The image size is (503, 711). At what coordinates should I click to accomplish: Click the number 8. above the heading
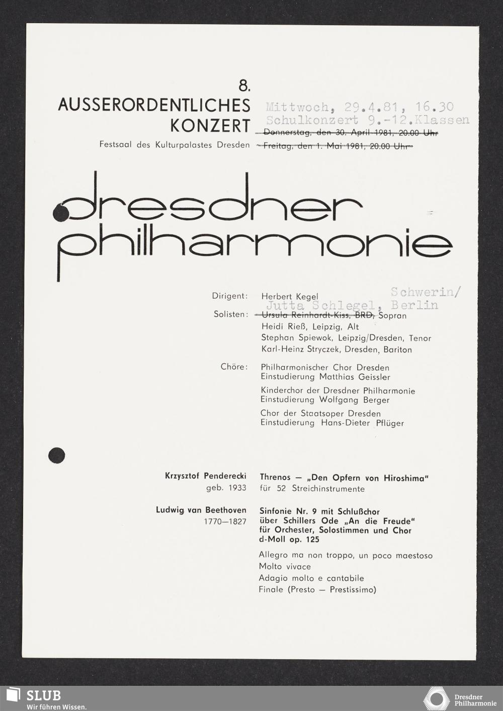coord(244,86)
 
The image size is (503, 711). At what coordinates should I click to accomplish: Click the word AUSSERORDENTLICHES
coord(154,105)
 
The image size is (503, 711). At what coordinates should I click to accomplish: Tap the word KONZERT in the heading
coord(210,126)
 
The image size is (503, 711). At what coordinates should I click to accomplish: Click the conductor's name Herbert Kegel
coord(290,297)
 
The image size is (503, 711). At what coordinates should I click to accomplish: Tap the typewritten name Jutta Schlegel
coord(320,306)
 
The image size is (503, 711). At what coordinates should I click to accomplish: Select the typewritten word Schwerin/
coord(426,292)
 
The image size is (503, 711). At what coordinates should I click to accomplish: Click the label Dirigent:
coord(230,296)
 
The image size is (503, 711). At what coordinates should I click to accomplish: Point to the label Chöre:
coord(234,367)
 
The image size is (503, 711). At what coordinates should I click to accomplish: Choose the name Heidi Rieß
coord(283,327)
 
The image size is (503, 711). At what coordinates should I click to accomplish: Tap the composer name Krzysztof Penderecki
coord(205,476)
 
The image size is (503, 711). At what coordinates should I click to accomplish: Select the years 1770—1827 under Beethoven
coord(225,521)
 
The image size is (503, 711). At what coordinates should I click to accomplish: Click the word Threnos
coord(275,477)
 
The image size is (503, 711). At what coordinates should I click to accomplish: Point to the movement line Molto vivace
coord(285,567)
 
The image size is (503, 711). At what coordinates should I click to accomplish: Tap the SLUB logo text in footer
coord(43,695)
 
